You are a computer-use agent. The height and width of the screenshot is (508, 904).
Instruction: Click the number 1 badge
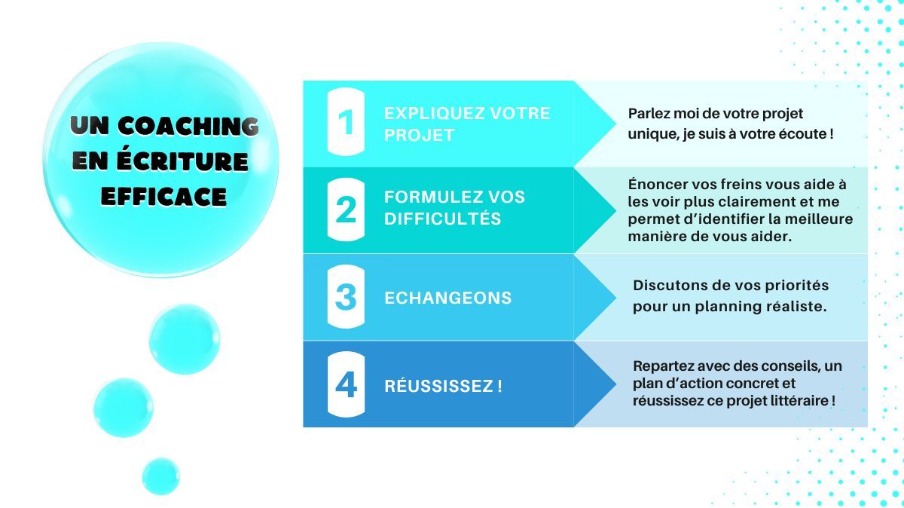pyautogui.click(x=346, y=121)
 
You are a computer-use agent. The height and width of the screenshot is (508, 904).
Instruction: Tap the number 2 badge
pyautogui.click(x=346, y=210)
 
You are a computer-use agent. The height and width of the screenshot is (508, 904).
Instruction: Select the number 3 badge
pyautogui.click(x=346, y=296)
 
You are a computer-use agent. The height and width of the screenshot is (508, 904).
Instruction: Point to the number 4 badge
pyautogui.click(x=346, y=384)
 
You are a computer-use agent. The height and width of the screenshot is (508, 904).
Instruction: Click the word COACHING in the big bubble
pyautogui.click(x=188, y=126)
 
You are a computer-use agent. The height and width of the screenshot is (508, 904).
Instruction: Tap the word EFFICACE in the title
pyautogui.click(x=164, y=197)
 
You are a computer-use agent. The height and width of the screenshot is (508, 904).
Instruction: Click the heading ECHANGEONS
pyautogui.click(x=448, y=298)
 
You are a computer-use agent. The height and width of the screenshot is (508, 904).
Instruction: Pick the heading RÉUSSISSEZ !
pyautogui.click(x=443, y=385)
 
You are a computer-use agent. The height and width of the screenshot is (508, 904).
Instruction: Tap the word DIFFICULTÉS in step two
pyautogui.click(x=443, y=218)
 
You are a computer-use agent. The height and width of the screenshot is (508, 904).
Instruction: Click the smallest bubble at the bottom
pyautogui.click(x=160, y=476)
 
